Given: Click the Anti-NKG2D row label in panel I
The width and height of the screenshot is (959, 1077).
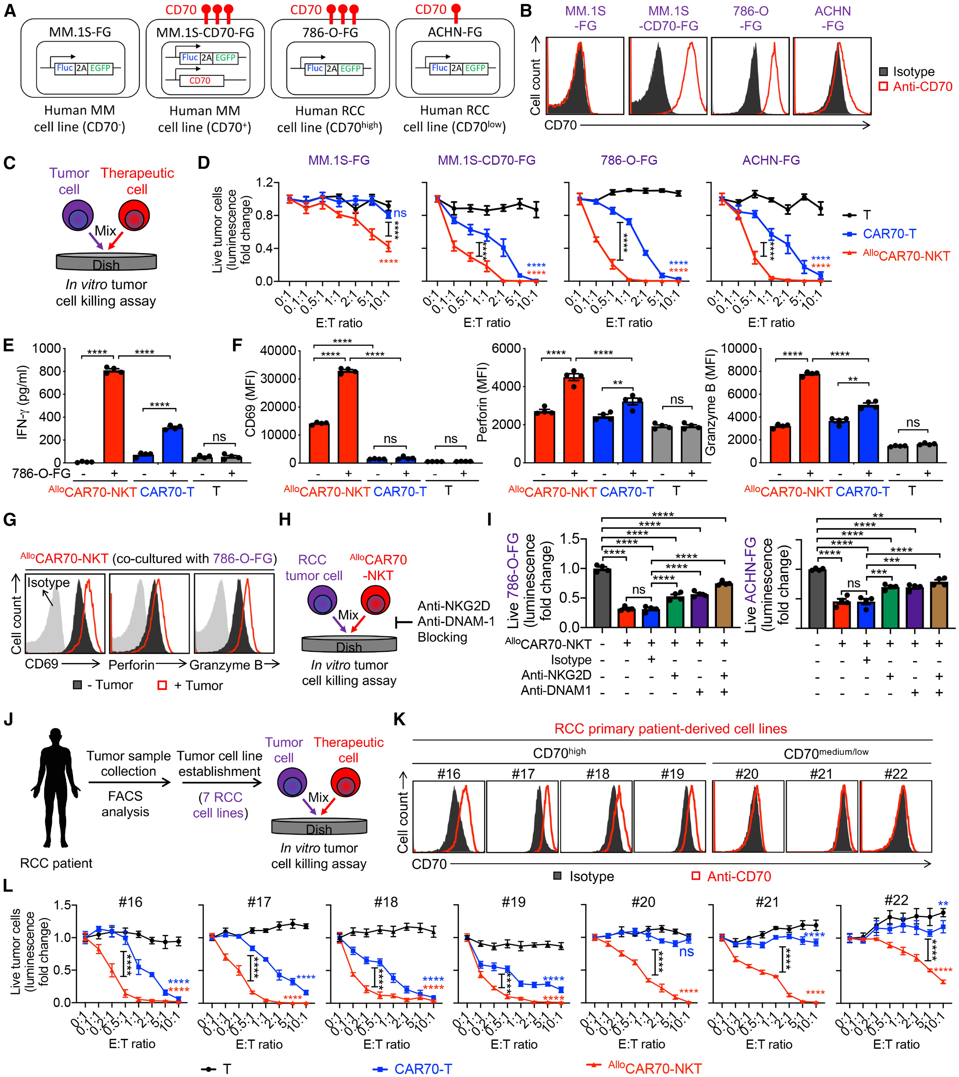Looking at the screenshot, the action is (556, 675).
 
